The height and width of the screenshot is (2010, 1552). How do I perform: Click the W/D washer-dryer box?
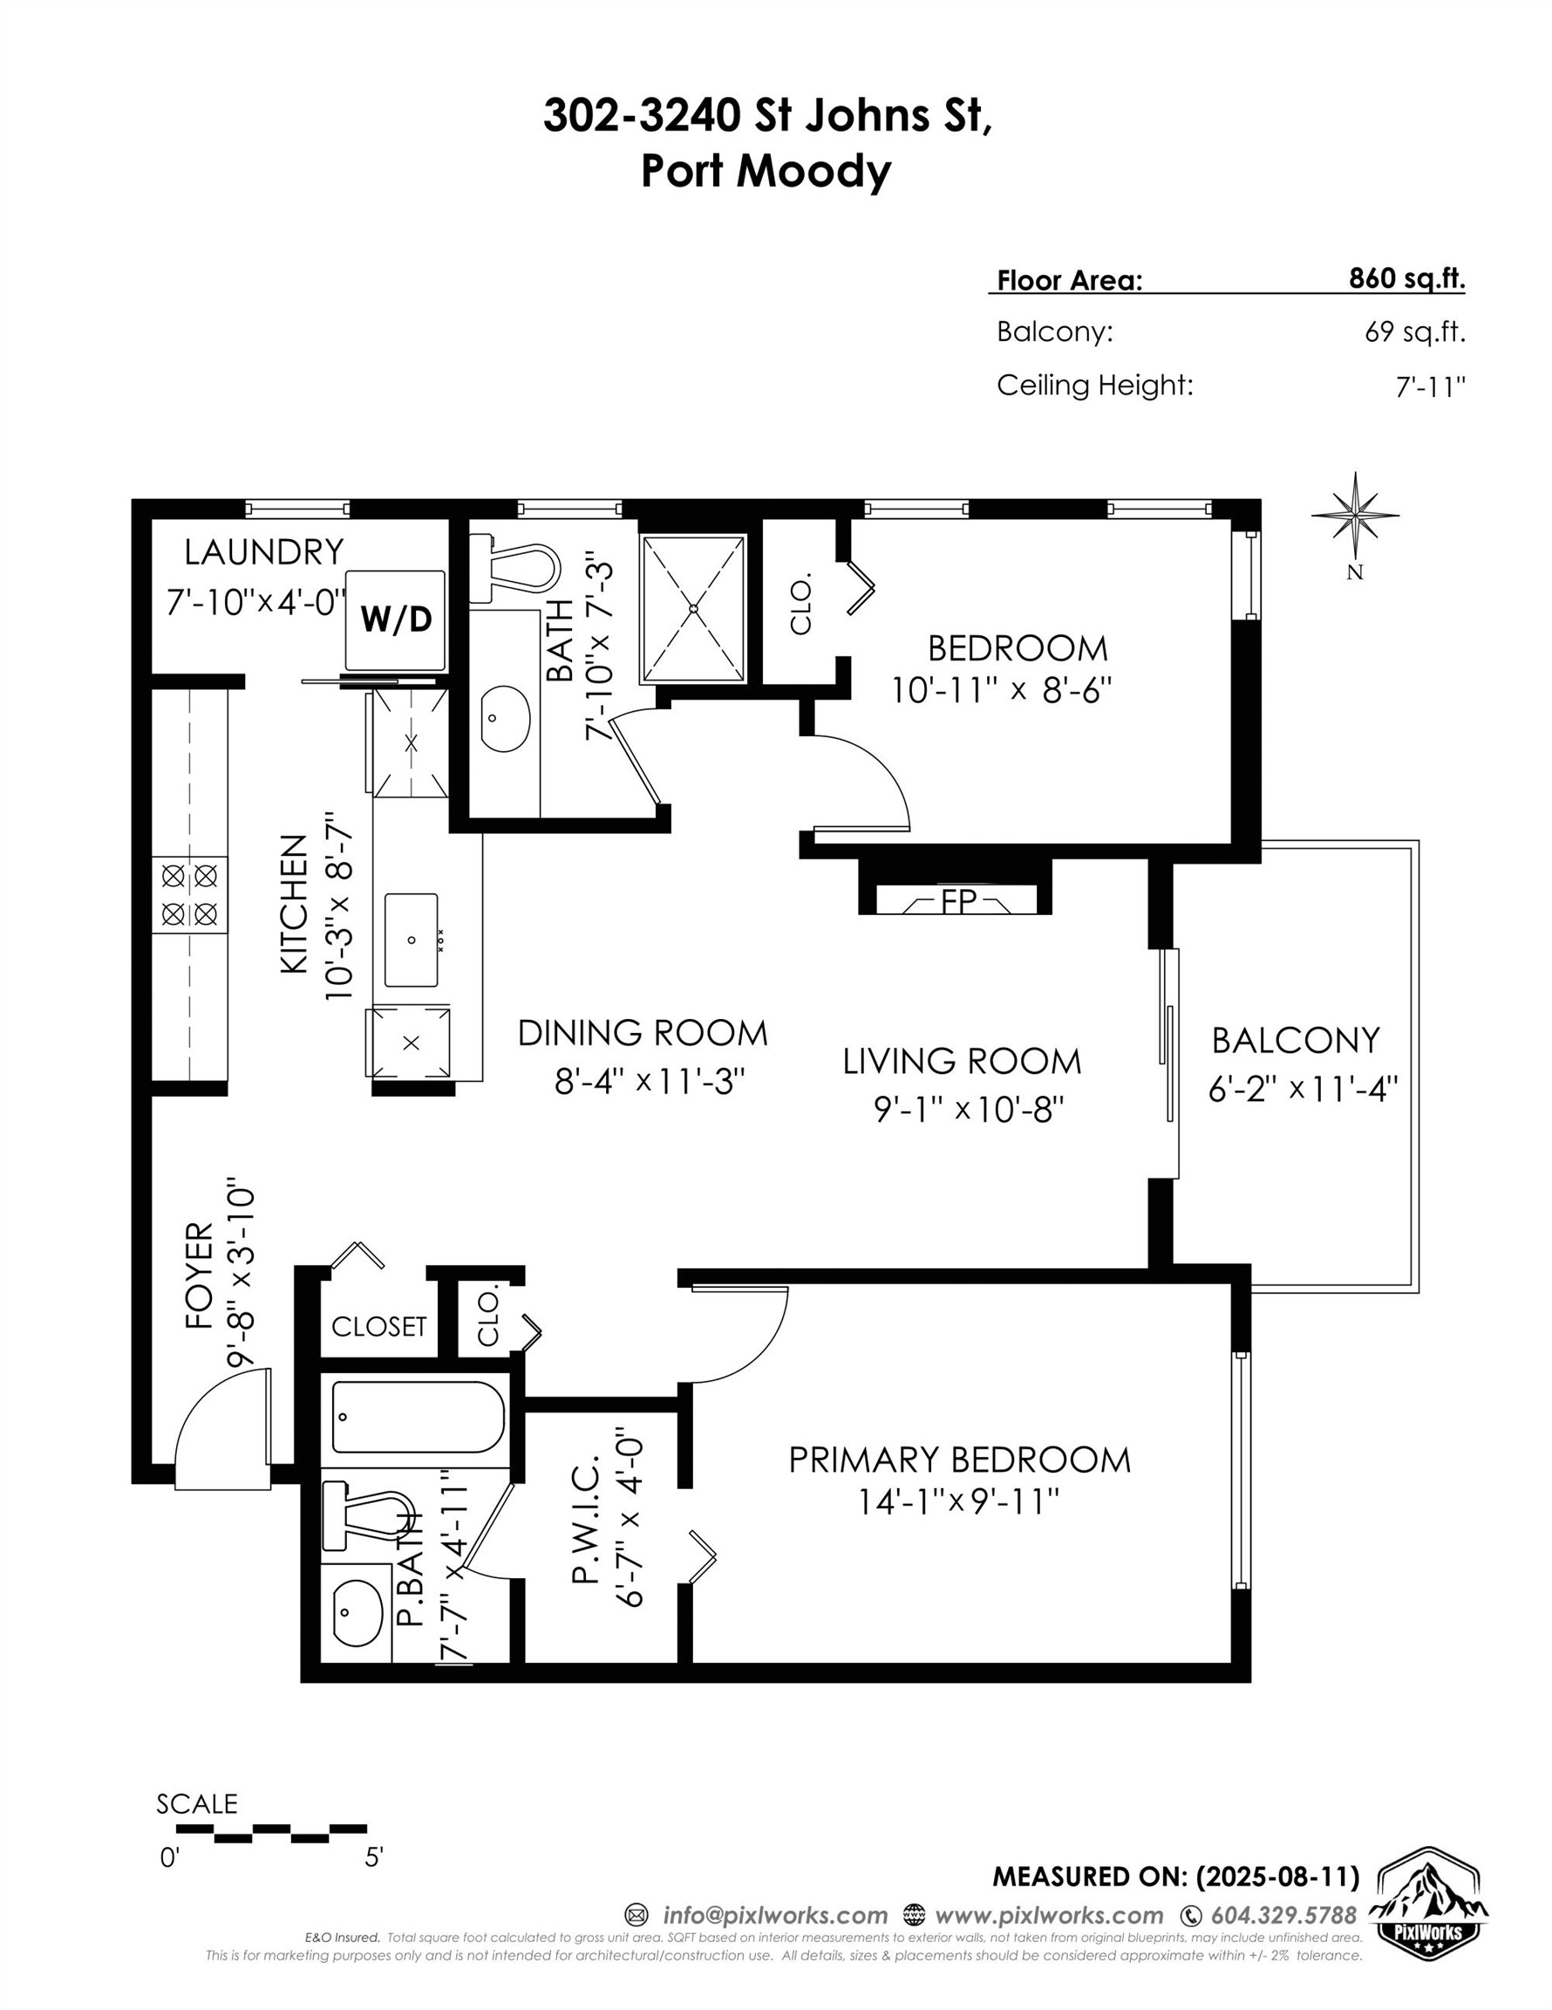click(x=396, y=619)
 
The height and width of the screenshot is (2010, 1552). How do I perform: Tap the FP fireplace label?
click(x=957, y=901)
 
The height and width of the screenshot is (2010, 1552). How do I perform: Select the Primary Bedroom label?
click(x=959, y=1460)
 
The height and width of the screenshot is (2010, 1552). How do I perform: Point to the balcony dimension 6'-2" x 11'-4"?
click(x=1302, y=1090)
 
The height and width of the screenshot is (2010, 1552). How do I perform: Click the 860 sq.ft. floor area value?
click(x=1406, y=278)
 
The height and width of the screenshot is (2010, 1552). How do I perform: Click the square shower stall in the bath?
click(x=693, y=608)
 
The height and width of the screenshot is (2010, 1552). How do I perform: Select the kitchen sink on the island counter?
click(x=412, y=939)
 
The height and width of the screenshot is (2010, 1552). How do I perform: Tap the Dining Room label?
click(x=642, y=1033)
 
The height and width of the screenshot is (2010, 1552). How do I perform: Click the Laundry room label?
click(x=263, y=552)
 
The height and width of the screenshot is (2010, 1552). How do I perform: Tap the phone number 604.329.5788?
click(x=1283, y=1915)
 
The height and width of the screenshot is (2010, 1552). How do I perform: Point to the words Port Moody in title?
click(x=766, y=170)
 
